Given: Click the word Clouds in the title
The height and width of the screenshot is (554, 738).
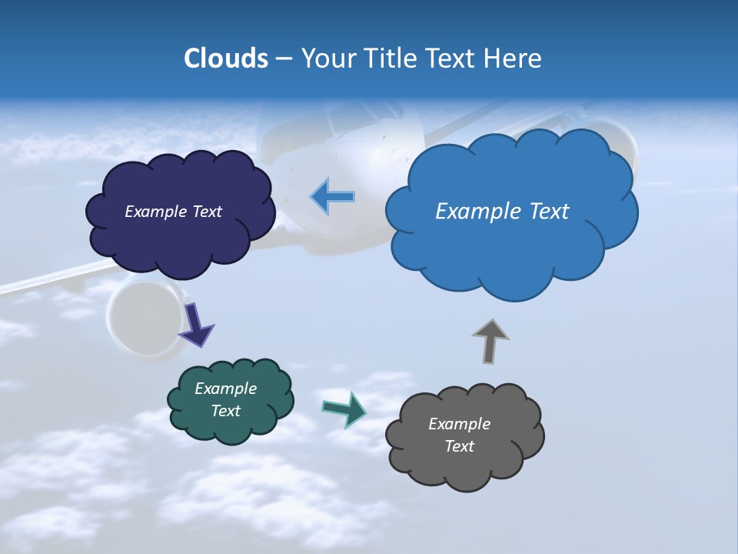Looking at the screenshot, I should pyautogui.click(x=225, y=58).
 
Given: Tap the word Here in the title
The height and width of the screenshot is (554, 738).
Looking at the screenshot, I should pyautogui.click(x=512, y=58).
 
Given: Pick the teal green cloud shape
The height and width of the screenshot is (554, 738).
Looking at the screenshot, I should pyautogui.click(x=230, y=427).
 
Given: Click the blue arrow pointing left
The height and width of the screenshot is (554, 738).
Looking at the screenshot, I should pyautogui.click(x=333, y=197).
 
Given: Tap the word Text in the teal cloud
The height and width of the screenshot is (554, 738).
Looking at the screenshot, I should pyautogui.click(x=226, y=411).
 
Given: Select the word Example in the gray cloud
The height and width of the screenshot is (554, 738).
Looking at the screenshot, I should pyautogui.click(x=459, y=424).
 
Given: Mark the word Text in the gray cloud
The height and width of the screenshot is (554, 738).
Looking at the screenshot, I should pyautogui.click(x=460, y=446).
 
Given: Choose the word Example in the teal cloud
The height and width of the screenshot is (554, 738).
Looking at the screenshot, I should pyautogui.click(x=226, y=389).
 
